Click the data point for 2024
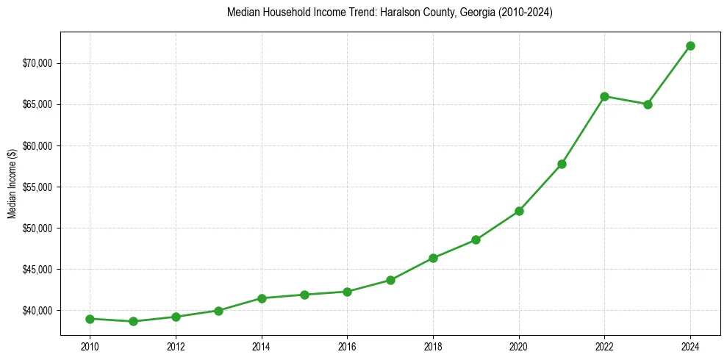pos(690,46)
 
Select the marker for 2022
pos(604,96)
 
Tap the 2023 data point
pos(648,104)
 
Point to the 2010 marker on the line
pos(90,319)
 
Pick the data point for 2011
pos(133,321)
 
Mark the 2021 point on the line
pos(562,164)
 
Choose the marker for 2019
pos(476,240)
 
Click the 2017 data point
pos(390,280)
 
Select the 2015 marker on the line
pos(304,295)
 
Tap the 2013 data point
pos(218,311)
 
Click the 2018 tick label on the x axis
pos(433,346)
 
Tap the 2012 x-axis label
pos(176,346)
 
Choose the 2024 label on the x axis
pos(690,346)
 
